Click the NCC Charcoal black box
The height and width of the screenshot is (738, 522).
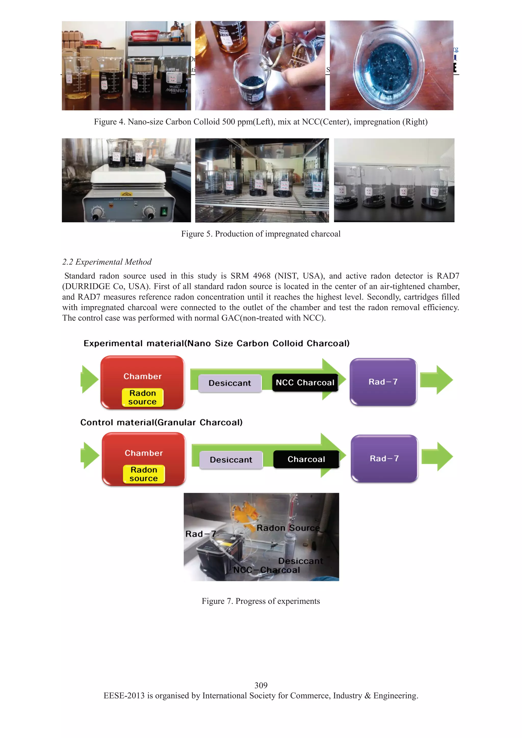305,382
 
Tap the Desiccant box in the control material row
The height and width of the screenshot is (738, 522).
231,460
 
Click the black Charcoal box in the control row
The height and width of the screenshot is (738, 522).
306,459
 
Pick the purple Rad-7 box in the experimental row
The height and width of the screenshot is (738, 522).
383,382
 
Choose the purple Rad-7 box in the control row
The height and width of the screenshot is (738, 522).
384,459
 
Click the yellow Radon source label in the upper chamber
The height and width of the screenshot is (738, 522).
142,398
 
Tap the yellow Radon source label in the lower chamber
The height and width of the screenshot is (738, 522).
144,474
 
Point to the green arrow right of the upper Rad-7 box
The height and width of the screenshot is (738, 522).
437,380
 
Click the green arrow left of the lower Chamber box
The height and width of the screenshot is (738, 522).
90,456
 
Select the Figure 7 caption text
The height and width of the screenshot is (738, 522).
261,601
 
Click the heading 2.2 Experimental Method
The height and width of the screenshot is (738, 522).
107,262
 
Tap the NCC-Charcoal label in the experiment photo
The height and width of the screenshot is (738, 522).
266,570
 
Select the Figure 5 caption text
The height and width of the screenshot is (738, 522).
261,234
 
